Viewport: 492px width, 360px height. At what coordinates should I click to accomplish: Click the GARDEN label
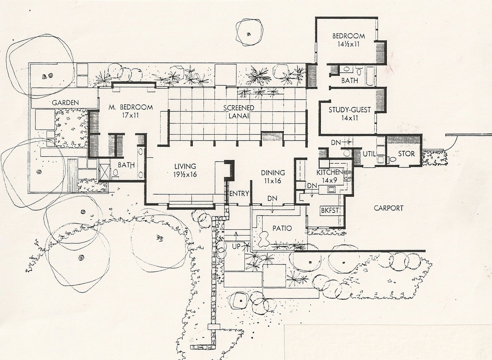[65, 103]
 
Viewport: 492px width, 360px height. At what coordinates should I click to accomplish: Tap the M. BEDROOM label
[131, 107]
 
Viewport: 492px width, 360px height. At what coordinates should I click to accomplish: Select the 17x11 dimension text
[130, 115]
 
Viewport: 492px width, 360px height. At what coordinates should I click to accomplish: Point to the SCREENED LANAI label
[239, 112]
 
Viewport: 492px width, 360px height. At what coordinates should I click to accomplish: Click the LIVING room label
[185, 166]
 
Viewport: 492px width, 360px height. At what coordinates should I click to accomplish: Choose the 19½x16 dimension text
[185, 174]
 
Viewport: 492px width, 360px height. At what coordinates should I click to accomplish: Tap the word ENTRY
[239, 194]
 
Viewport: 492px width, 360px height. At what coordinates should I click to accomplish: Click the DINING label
[273, 173]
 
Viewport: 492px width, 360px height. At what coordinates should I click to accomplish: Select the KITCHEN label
[330, 172]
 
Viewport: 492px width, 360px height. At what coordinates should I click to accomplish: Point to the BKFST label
[330, 210]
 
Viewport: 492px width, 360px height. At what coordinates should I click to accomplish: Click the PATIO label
[282, 228]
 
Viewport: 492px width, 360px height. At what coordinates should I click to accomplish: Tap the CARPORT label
[389, 208]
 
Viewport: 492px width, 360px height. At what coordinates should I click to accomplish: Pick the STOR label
[406, 154]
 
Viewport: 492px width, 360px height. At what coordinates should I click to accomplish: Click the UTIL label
[369, 154]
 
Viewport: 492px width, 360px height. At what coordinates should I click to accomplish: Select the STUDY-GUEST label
[350, 110]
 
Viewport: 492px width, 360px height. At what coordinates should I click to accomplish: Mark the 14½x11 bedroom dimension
[349, 44]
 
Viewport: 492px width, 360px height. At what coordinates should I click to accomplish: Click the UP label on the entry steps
[236, 246]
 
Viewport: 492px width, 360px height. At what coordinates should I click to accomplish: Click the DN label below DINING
[272, 198]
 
